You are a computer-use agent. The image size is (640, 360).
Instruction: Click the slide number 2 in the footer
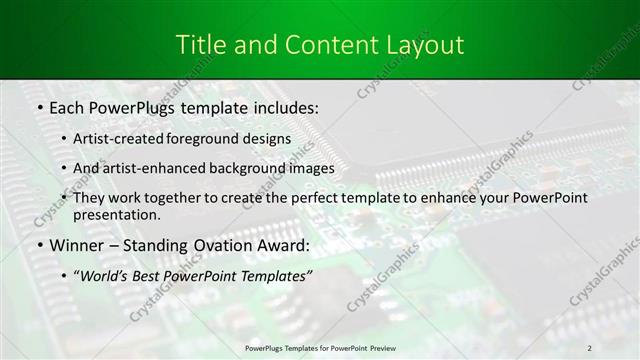click(x=590, y=347)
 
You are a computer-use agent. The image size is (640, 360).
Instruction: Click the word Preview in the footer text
click(x=389, y=347)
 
